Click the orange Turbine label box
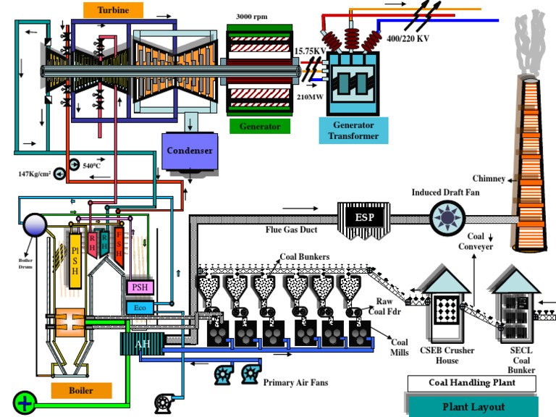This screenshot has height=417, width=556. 113,9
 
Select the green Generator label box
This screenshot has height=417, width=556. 260,126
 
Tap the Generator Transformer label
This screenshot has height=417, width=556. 349,130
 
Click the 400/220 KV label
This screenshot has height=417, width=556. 408,38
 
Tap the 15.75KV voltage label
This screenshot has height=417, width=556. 310,51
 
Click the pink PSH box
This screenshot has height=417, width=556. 139,287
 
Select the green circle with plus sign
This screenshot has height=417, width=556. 25,402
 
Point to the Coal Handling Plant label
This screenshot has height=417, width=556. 471,384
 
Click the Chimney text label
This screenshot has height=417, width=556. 489,178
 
